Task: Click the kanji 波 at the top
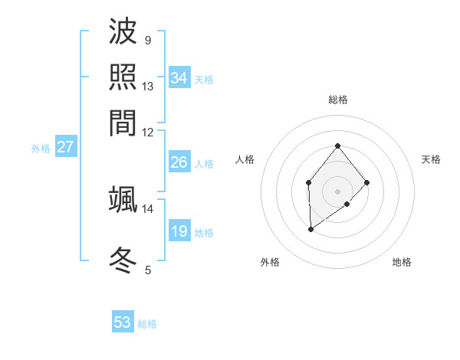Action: coord(123,32)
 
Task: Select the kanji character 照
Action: coord(123,77)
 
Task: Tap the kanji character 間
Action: coord(123,121)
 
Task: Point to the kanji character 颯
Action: coord(123,199)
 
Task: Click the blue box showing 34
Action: coord(179,78)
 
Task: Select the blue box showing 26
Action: coord(179,162)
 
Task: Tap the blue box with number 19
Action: coord(179,231)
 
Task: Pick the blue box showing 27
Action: coord(65,147)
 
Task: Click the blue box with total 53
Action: coord(123,322)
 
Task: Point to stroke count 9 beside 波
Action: coord(147,40)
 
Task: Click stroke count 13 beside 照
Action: coord(148,86)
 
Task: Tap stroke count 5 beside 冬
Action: coord(148,270)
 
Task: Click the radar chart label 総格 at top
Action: coord(337,100)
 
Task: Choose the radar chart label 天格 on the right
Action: coord(431,159)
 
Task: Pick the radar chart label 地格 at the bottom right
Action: coord(402,262)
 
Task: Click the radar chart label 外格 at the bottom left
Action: coord(270,262)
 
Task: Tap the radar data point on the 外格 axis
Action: coord(310,229)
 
